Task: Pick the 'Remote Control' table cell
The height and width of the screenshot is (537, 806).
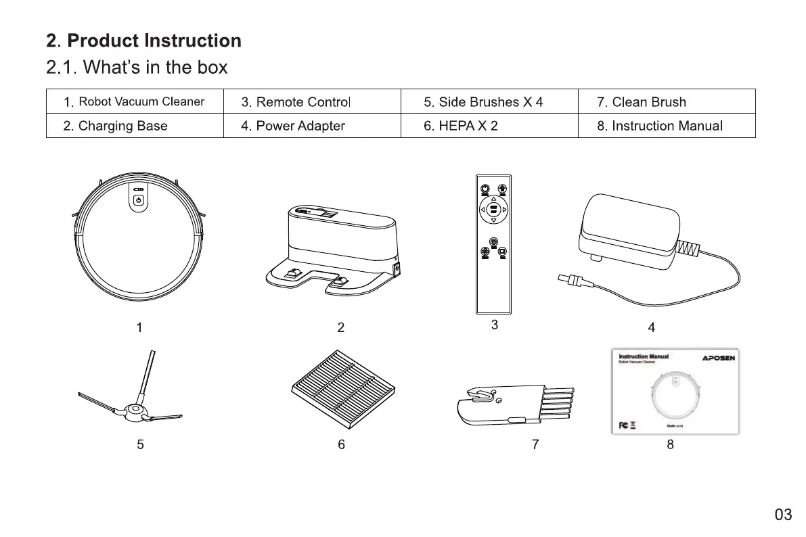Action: (296, 102)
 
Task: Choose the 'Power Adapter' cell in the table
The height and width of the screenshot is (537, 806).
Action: (293, 126)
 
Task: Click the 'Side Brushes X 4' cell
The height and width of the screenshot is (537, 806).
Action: (483, 102)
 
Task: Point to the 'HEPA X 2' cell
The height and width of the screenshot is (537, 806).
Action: (461, 126)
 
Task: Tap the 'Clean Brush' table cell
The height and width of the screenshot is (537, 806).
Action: (642, 102)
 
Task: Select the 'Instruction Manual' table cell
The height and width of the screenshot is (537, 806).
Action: (660, 126)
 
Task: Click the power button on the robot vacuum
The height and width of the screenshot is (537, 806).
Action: (138, 200)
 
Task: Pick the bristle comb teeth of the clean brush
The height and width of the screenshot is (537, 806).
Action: (557, 403)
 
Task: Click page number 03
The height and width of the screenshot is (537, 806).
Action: (783, 515)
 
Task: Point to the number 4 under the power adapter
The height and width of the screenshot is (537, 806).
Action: (651, 328)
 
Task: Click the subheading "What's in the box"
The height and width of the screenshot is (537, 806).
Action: (137, 68)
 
